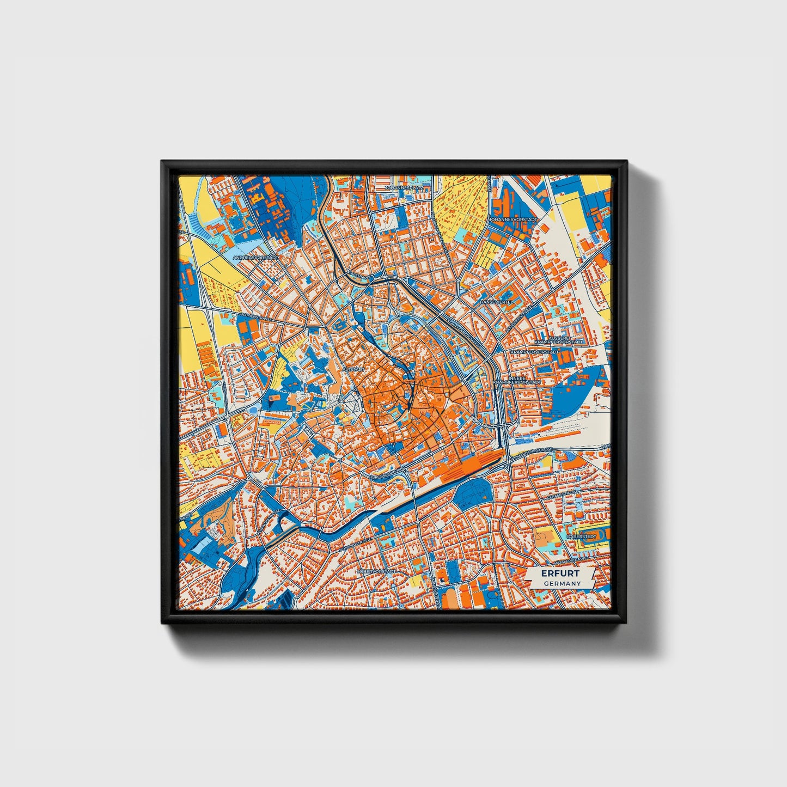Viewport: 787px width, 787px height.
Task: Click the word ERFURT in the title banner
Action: [560, 574]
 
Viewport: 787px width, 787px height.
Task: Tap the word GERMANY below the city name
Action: [562, 583]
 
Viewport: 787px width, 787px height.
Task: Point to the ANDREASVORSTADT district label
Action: [255, 257]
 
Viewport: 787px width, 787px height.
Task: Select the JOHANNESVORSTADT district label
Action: [513, 219]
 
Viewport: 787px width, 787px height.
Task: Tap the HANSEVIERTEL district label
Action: [497, 302]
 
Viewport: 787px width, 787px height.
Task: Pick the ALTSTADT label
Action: [352, 369]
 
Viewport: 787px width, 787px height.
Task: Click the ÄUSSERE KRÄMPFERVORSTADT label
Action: [559, 340]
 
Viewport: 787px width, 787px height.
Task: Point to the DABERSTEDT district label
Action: [582, 536]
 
